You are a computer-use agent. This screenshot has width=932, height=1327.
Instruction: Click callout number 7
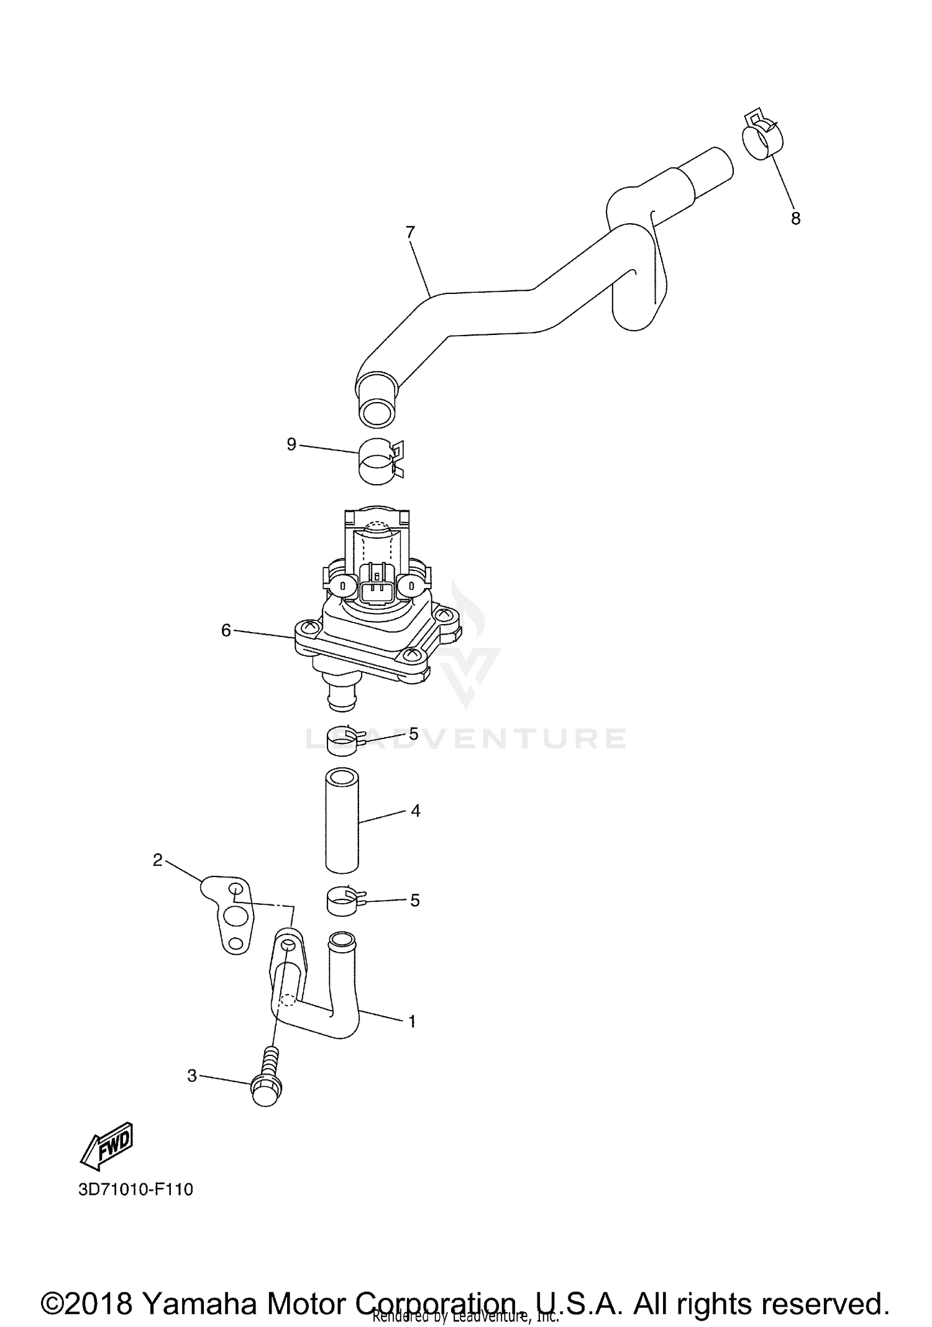pyautogui.click(x=409, y=232)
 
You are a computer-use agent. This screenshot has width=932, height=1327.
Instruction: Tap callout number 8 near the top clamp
pyautogui.click(x=795, y=219)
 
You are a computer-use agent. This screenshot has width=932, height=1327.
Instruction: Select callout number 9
pyautogui.click(x=291, y=444)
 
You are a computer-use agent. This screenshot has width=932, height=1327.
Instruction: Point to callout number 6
pyautogui.click(x=226, y=630)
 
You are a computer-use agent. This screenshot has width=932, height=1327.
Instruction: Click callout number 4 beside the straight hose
pyautogui.click(x=415, y=810)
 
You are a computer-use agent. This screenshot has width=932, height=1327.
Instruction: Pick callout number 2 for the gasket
pyautogui.click(x=157, y=860)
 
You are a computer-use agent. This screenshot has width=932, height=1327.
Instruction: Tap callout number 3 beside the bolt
pyautogui.click(x=192, y=1076)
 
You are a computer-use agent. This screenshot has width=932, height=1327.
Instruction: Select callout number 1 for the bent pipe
pyautogui.click(x=411, y=1021)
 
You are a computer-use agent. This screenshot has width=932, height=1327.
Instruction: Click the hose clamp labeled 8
pyautogui.click(x=762, y=138)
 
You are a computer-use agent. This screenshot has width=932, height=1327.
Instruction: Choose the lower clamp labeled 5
pyautogui.click(x=343, y=902)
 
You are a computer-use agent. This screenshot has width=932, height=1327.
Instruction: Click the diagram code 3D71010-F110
pyautogui.click(x=135, y=1190)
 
